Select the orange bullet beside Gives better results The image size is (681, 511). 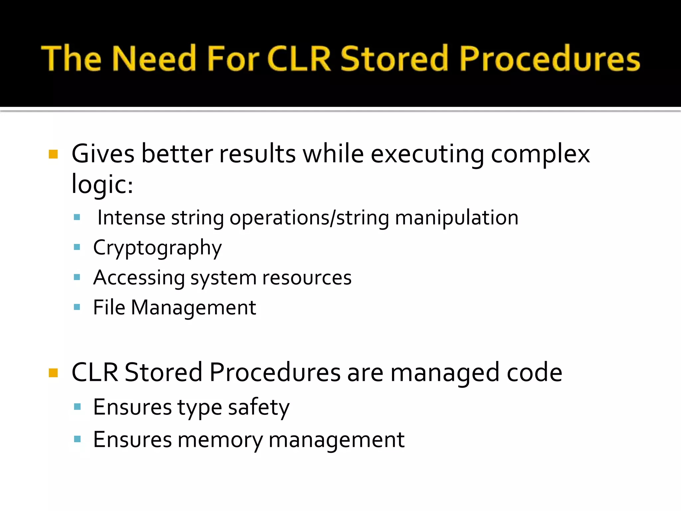[53, 154]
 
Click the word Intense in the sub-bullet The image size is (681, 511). [131, 218]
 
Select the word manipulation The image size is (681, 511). [457, 218]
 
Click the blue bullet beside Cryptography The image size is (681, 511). [77, 247]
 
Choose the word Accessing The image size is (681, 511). [139, 278]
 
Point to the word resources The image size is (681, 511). [307, 278]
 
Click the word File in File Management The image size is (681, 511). [109, 307]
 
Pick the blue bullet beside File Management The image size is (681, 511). [77, 307]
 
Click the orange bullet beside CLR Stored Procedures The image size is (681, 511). [53, 373]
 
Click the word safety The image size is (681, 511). [259, 408]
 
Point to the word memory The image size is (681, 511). [220, 440]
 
